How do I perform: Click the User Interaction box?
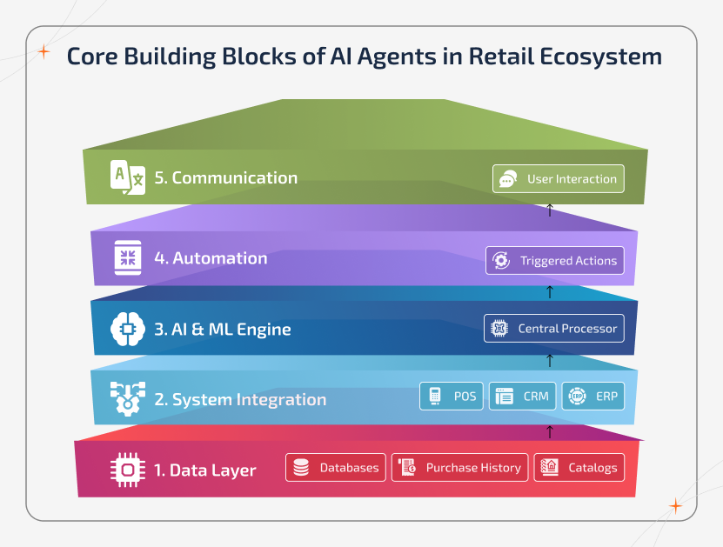pos(559,179)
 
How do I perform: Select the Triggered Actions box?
pos(555,260)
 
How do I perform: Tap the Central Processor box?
pos(554,328)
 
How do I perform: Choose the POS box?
pos(452,396)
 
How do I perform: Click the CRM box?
pos(522,396)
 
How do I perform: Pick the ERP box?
pos(592,396)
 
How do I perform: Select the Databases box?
pos(335,467)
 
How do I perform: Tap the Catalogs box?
pos(579,467)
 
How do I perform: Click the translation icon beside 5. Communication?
pos(128,177)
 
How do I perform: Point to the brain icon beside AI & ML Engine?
pos(128,330)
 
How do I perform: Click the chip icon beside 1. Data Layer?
pos(128,470)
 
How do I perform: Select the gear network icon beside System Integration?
pos(128,399)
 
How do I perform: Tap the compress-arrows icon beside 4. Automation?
pos(128,257)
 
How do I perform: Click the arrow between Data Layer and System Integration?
pos(549,430)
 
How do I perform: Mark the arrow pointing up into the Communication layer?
pos(549,210)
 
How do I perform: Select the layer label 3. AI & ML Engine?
pos(223,330)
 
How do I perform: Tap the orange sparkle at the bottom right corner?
pos(675,506)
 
